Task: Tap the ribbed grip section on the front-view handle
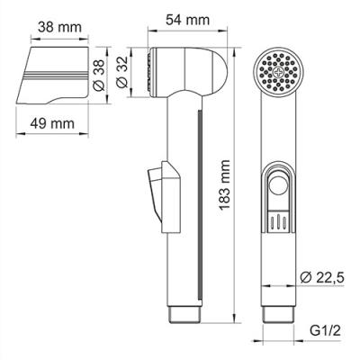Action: tap(279, 220)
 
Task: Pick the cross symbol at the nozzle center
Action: tap(276, 71)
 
